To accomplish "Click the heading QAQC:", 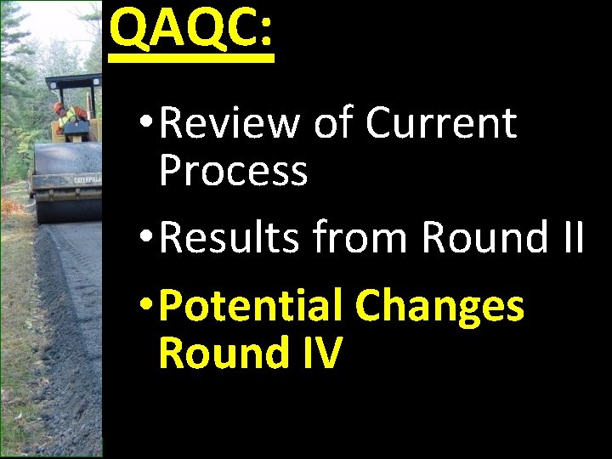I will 191,29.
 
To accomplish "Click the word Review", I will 229,123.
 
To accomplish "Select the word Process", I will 233,171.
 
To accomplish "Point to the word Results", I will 229,237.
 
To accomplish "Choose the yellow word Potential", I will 251,306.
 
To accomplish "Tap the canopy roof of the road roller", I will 72,82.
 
